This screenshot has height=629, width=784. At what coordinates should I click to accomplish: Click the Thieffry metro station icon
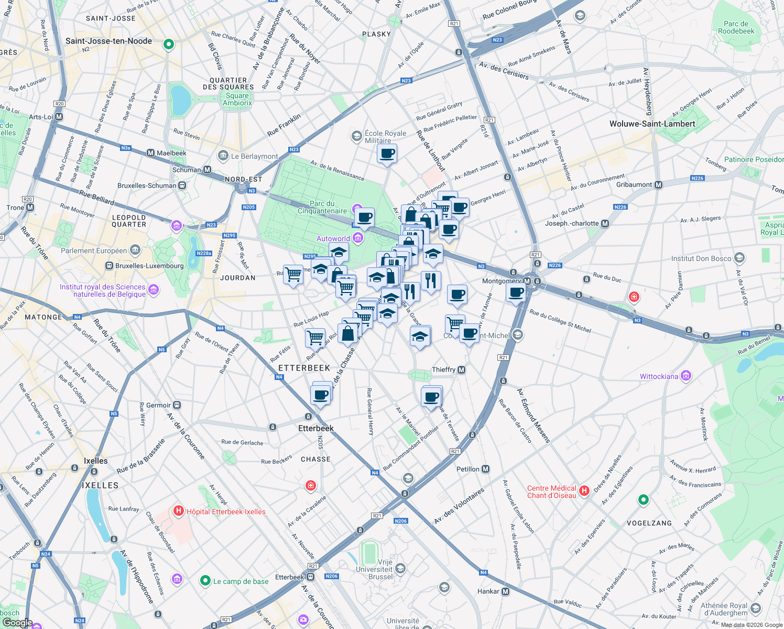(461, 370)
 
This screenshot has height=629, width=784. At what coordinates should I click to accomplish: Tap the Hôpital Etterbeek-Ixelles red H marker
(179, 511)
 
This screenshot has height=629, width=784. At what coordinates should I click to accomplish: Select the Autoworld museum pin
(358, 238)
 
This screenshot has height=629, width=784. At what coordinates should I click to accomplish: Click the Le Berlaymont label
(254, 156)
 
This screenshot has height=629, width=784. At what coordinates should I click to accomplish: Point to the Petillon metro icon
(486, 469)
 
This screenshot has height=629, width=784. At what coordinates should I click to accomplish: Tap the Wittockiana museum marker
(686, 376)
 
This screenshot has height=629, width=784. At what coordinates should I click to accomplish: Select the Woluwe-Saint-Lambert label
(652, 124)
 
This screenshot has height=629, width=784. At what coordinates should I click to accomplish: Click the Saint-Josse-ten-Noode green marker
(168, 45)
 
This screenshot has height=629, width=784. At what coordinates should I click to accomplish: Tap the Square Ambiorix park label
(237, 99)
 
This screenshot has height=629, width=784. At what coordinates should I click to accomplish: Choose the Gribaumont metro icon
(659, 185)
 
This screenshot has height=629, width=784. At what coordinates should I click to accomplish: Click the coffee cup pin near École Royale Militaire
(387, 154)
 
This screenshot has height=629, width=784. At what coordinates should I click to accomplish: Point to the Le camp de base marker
(205, 581)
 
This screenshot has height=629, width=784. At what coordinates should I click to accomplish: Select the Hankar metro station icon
(506, 591)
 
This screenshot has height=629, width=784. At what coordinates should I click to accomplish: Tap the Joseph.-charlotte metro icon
(605, 223)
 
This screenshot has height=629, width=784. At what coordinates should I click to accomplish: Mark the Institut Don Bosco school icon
(739, 258)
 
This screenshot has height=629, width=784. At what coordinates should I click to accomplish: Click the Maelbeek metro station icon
(151, 153)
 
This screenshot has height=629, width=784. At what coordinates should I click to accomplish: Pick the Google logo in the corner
(17, 622)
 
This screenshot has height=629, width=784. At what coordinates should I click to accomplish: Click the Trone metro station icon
(30, 208)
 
